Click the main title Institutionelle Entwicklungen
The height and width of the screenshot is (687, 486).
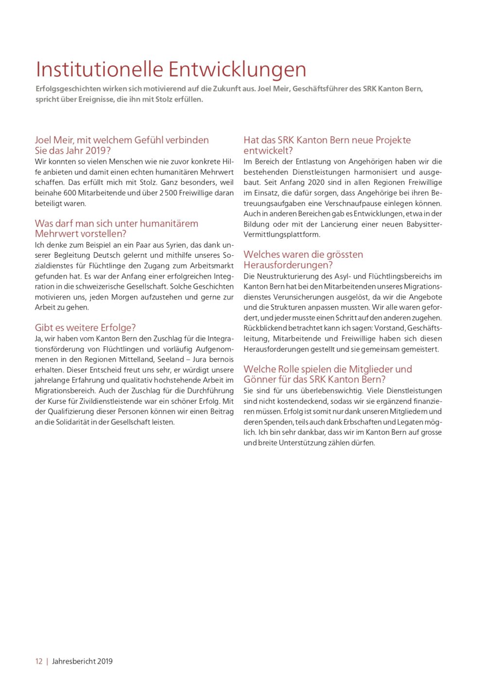click(x=171, y=70)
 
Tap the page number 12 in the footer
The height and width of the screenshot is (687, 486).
click(x=38, y=661)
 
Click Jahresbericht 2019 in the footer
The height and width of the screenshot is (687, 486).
click(x=82, y=661)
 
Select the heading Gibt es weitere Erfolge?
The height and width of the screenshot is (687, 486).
click(x=85, y=328)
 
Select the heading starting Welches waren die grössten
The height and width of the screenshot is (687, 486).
click(x=303, y=255)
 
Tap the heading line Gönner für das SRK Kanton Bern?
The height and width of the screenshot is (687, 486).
click(x=314, y=380)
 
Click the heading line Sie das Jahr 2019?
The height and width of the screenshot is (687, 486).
click(x=73, y=151)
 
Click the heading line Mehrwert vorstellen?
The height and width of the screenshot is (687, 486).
click(x=81, y=234)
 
